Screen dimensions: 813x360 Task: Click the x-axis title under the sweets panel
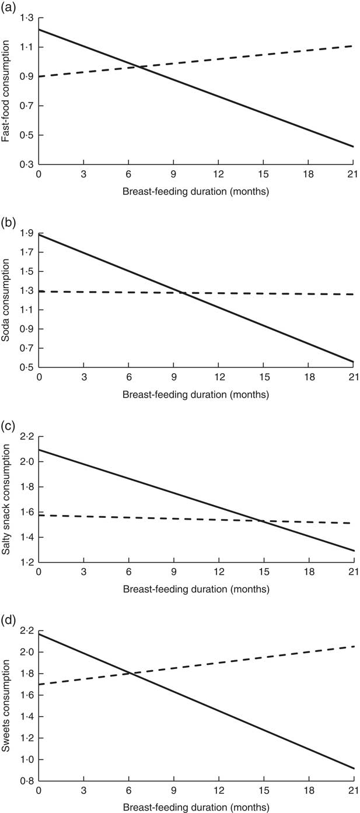click(x=196, y=807)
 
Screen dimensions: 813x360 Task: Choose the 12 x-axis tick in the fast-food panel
click(x=218, y=176)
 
